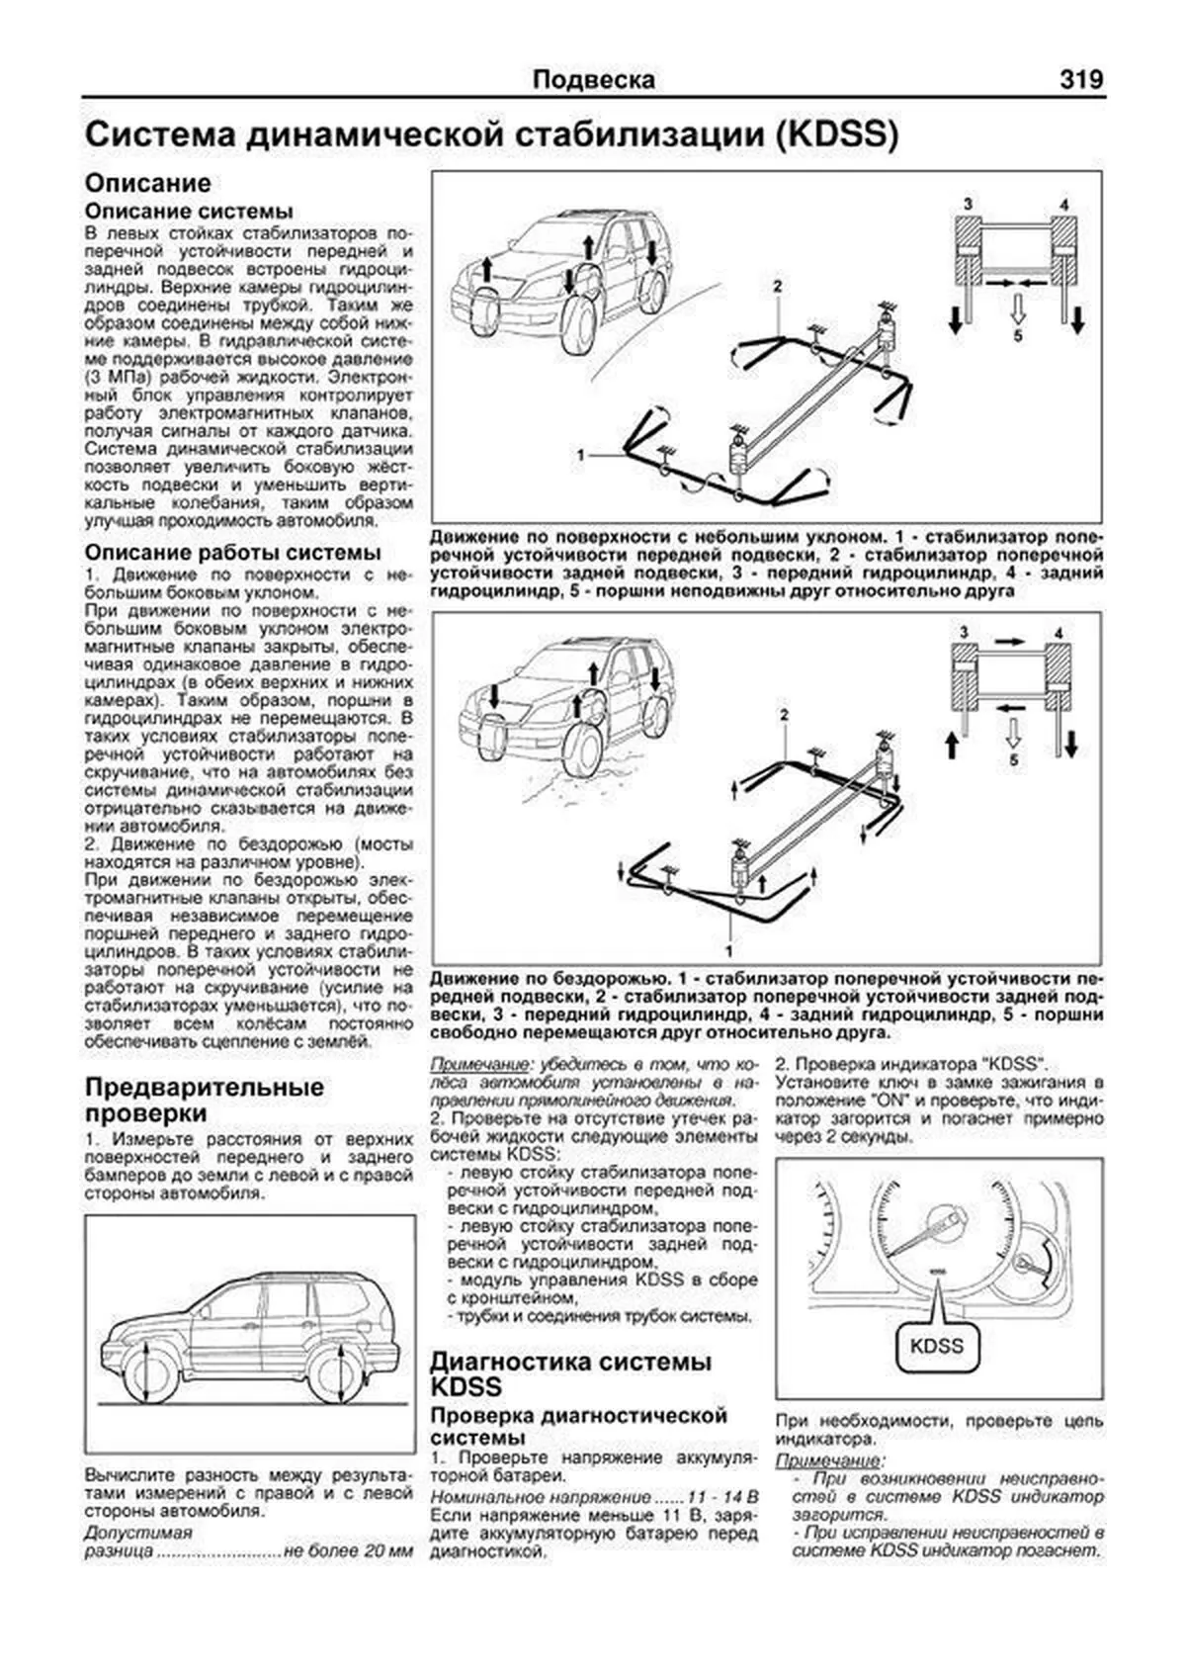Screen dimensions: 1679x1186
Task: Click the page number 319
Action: pyautogui.click(x=1081, y=79)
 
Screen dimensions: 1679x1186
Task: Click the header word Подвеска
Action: pyautogui.click(x=593, y=80)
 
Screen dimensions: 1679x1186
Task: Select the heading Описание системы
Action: pyautogui.click(x=189, y=212)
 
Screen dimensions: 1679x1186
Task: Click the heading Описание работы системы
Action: pyautogui.click(x=232, y=553)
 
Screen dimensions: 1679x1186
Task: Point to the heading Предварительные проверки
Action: pyautogui.click(x=204, y=1101)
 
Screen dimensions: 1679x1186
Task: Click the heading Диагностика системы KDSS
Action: pyautogui.click(x=570, y=1374)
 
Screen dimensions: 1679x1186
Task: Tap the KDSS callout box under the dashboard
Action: pyautogui.click(x=936, y=1346)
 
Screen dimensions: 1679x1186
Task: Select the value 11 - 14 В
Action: pyautogui.click(x=709, y=1495)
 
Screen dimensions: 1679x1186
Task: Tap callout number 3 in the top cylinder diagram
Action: pyautogui.click(x=968, y=204)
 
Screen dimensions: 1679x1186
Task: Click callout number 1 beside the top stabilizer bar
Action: pyautogui.click(x=582, y=455)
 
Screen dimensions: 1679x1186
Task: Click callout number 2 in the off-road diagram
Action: pyautogui.click(x=784, y=713)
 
